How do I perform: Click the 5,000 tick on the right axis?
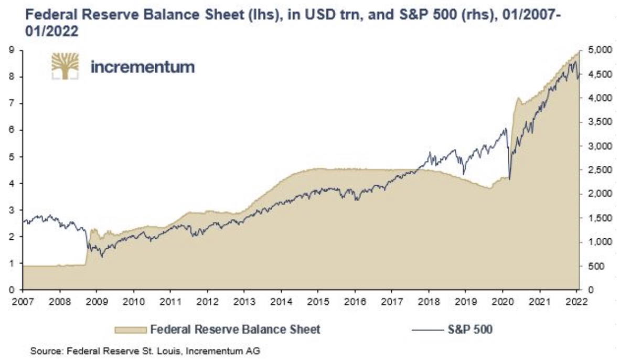pyautogui.click(x=598, y=50)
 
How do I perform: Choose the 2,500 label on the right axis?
pyautogui.click(x=598, y=170)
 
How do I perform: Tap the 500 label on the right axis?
pyautogui.click(x=595, y=266)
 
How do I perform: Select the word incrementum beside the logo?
pyautogui.click(x=142, y=67)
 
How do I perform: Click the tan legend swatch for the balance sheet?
pyautogui.click(x=129, y=330)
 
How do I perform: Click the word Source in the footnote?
pyautogui.click(x=42, y=350)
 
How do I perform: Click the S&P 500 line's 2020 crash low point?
pyautogui.click(x=510, y=179)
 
